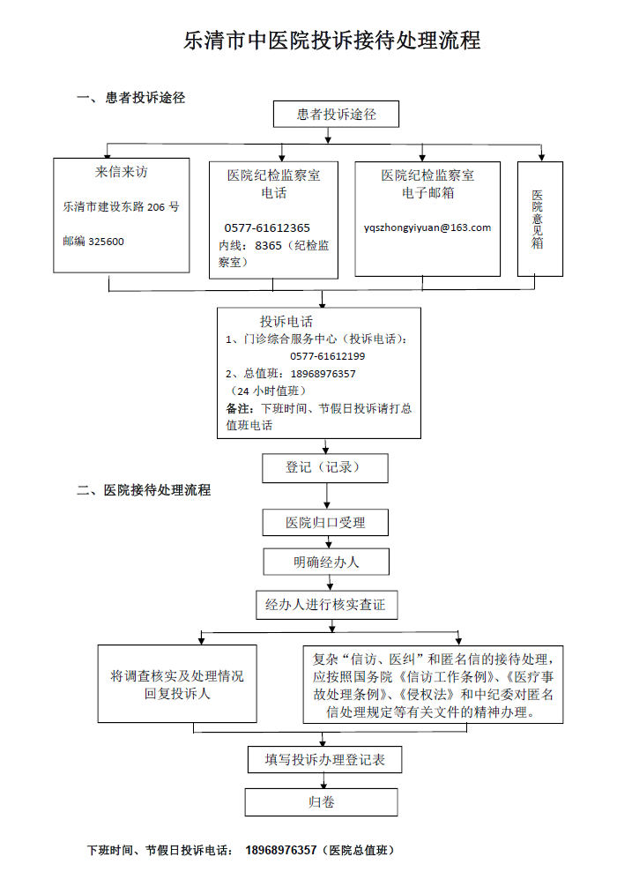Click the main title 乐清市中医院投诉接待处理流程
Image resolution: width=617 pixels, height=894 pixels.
(331, 41)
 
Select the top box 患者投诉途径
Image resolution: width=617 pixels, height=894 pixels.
(336, 115)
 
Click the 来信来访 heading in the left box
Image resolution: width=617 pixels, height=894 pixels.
(121, 172)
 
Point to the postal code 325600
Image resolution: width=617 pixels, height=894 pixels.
(107, 241)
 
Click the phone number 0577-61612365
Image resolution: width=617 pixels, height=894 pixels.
(267, 227)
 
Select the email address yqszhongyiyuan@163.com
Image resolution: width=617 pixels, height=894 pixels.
(427, 227)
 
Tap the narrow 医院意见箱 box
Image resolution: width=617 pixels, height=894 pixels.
(538, 219)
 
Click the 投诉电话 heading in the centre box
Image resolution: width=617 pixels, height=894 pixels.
(286, 322)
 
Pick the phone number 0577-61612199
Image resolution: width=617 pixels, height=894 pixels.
(327, 356)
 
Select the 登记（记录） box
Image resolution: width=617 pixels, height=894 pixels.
(323, 467)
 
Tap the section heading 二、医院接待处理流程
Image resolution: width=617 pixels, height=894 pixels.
(144, 490)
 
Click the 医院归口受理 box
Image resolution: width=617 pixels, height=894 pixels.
(324, 522)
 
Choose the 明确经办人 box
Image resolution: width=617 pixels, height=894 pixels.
(326, 562)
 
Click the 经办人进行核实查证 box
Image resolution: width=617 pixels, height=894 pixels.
(325, 606)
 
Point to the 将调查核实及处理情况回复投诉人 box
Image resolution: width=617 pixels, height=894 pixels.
(177, 684)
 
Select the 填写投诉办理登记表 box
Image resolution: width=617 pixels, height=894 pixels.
(324, 758)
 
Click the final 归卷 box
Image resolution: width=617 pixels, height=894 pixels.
(321, 801)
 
